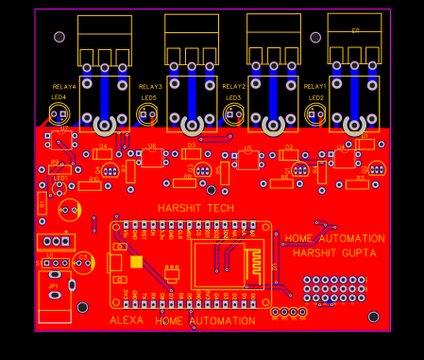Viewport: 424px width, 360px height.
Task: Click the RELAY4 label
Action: click(x=64, y=87)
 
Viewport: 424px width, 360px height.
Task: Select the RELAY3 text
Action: click(x=150, y=87)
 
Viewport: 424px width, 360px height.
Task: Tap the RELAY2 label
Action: click(x=233, y=87)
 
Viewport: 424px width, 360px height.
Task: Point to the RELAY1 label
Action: click(x=315, y=87)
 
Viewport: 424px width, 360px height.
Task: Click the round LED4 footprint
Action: click(x=60, y=115)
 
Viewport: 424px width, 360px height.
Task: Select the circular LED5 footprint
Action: click(x=148, y=115)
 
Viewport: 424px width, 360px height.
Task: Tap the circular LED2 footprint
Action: click(x=315, y=115)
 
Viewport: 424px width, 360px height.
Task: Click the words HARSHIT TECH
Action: click(x=195, y=208)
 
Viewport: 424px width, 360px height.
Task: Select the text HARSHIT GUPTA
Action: click(x=334, y=253)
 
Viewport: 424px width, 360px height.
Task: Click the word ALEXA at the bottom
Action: click(x=127, y=321)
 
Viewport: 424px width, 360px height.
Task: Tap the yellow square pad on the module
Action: click(x=137, y=262)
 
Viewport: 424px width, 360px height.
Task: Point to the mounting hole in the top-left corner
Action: click(x=59, y=37)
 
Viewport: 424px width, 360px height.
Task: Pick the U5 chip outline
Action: click(x=248, y=161)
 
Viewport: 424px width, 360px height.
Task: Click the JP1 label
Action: click(x=54, y=285)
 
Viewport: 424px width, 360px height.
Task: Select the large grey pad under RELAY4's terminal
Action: click(x=104, y=125)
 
